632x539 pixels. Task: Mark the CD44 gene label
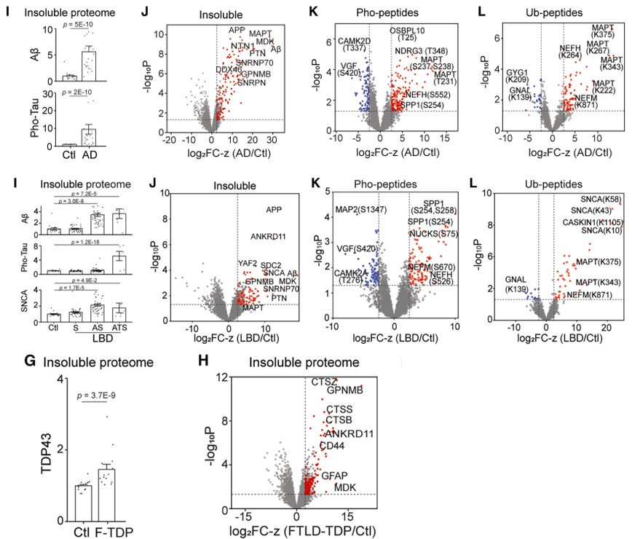tap(331, 446)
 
